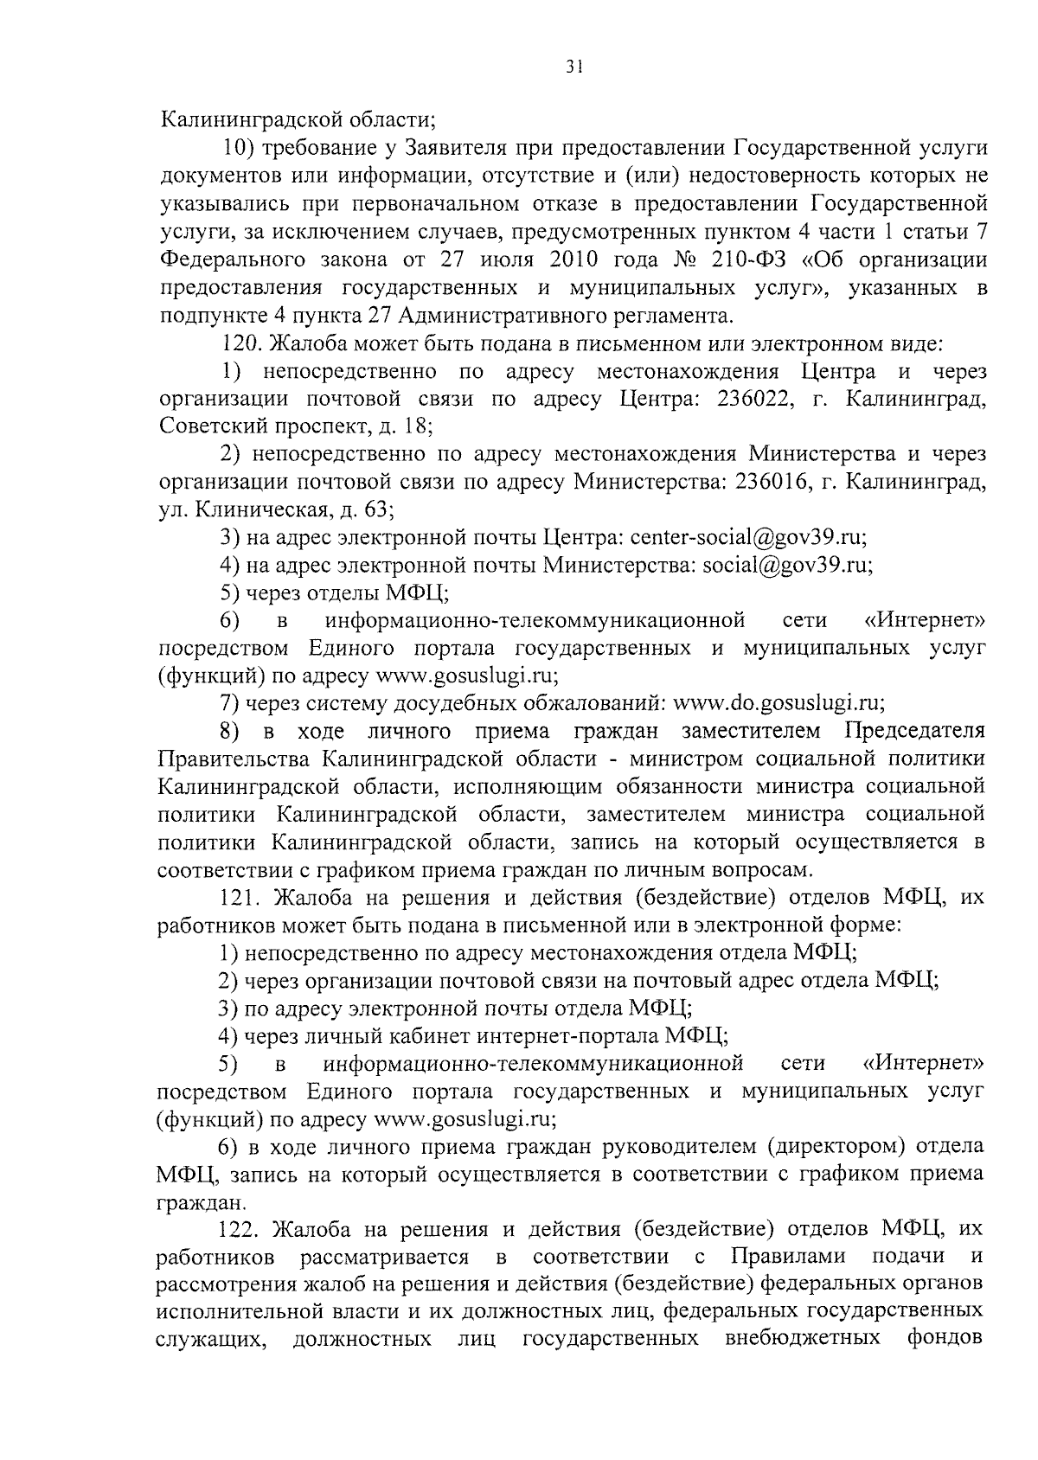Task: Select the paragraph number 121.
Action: (x=240, y=897)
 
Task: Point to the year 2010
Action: (x=572, y=259)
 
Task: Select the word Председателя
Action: (x=914, y=731)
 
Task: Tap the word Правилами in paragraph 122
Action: (x=788, y=1256)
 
